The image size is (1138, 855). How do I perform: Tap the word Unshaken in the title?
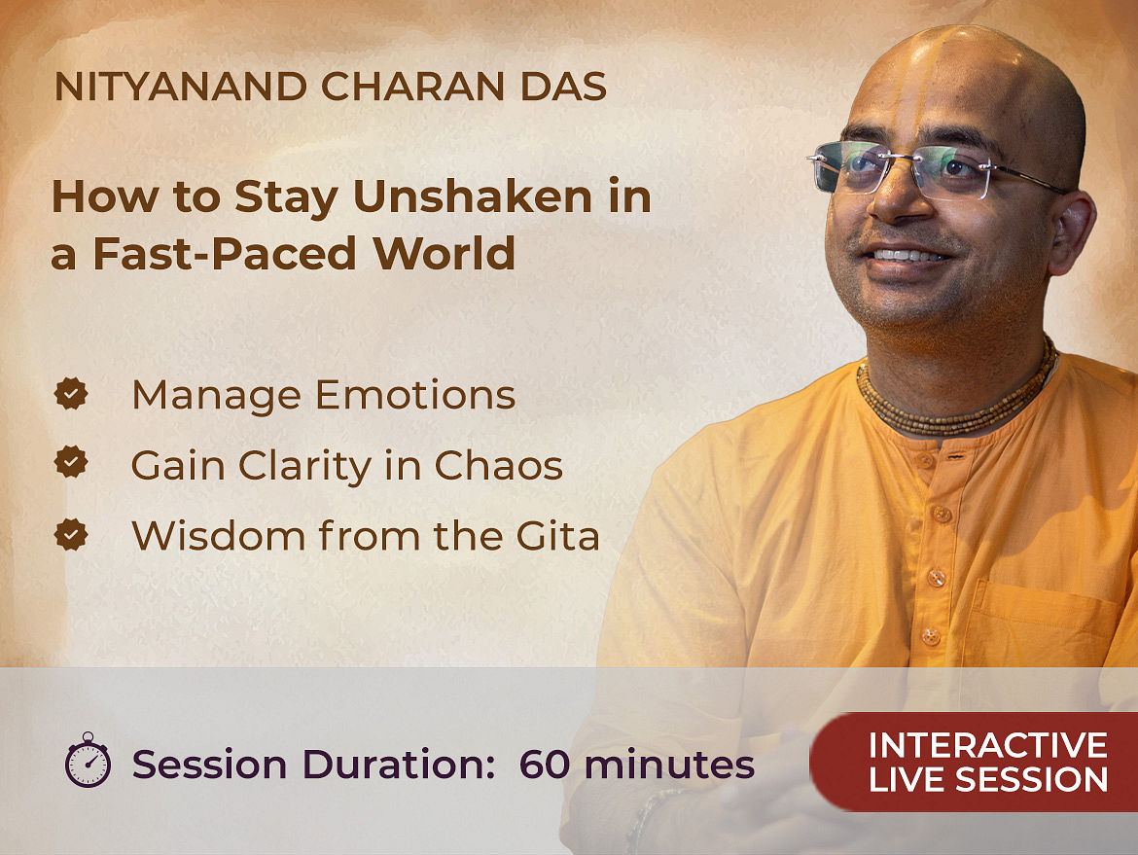pos(474,196)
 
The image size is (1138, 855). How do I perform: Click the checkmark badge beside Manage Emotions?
pos(71,393)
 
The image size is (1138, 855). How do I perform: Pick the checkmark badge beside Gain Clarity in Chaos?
pos(71,462)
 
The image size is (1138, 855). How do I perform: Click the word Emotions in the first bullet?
pos(415,396)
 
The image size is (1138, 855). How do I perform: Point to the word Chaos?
pos(499,465)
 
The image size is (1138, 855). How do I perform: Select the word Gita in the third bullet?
pos(558,536)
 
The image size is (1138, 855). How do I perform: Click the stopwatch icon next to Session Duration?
pos(88,760)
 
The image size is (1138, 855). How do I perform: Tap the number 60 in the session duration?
pos(545,765)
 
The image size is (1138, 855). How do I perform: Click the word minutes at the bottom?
pos(669,765)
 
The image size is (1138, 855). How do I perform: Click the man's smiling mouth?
pos(907,257)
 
